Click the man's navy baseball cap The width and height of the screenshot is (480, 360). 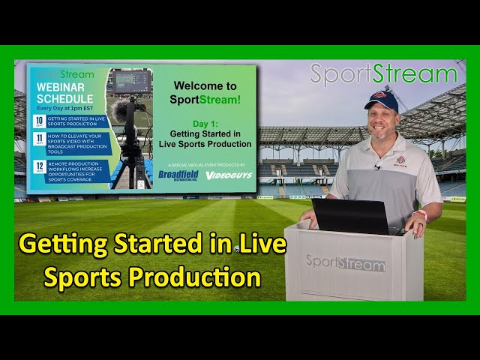click(x=381, y=100)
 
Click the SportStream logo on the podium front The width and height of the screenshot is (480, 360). click(x=345, y=263)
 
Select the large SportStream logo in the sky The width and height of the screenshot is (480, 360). click(x=383, y=74)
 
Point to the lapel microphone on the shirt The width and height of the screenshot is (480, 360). click(x=376, y=167)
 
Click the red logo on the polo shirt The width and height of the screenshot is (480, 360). click(x=401, y=160)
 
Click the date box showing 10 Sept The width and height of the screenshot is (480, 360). click(x=37, y=121)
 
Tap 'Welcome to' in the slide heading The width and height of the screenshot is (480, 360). click(x=205, y=86)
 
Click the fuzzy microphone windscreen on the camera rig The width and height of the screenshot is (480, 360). click(x=119, y=112)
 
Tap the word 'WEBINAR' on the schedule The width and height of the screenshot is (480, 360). click(x=60, y=87)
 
